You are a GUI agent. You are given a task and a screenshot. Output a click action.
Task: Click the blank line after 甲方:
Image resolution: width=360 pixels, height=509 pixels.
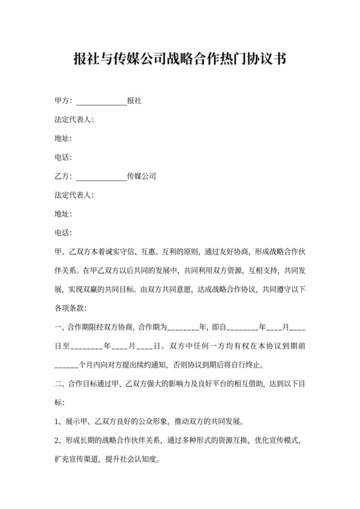click(x=101, y=102)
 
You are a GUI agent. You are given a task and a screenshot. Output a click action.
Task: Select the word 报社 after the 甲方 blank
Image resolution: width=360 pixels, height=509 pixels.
click(x=134, y=102)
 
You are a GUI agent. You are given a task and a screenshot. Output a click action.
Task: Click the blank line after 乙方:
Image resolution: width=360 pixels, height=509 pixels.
click(x=101, y=176)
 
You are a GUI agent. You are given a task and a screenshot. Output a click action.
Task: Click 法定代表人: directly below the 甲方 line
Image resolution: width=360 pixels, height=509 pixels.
click(x=74, y=120)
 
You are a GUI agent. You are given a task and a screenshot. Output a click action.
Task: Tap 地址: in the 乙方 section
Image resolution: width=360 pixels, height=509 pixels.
click(x=64, y=213)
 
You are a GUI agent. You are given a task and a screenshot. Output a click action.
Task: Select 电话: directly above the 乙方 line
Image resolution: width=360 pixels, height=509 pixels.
click(x=64, y=157)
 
